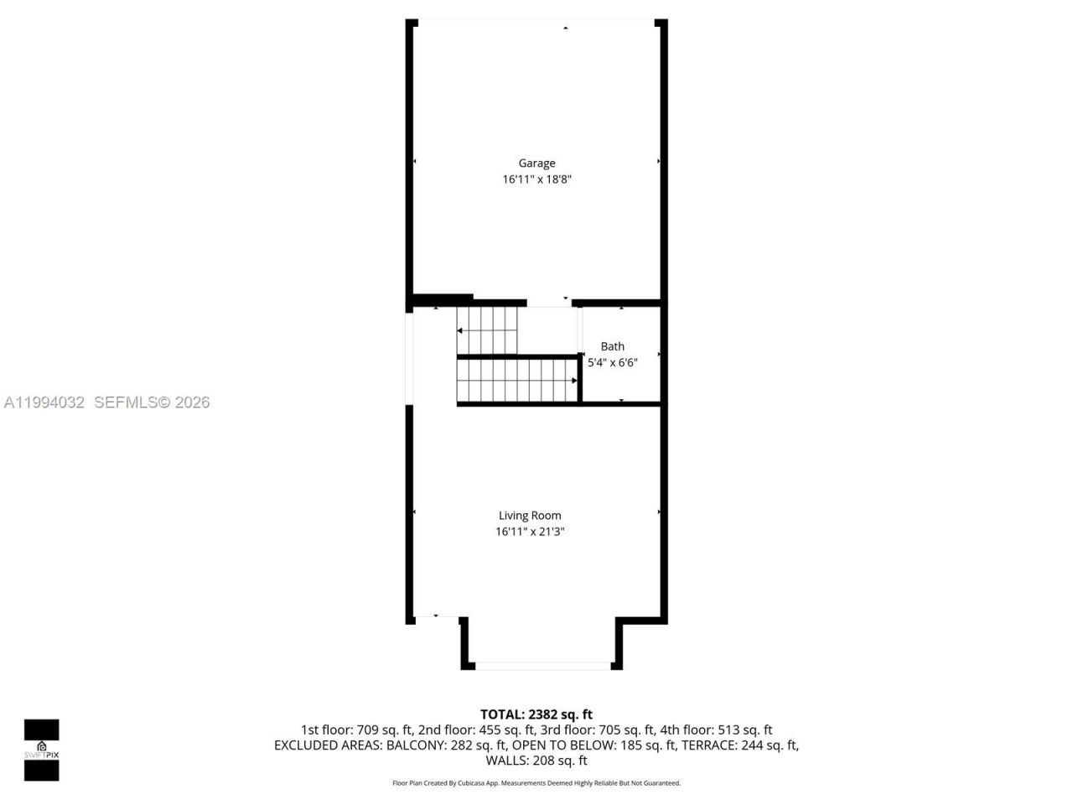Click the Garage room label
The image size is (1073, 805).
[x=536, y=164]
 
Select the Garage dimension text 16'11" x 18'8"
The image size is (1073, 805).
[x=536, y=179]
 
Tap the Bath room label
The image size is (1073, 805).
[x=612, y=346]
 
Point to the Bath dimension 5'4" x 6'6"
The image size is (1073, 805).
[x=612, y=363]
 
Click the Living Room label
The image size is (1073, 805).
[x=530, y=516]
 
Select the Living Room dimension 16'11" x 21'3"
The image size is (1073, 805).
[x=530, y=532]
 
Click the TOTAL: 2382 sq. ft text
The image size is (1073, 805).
[x=536, y=714]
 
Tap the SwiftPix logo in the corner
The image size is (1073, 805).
[x=41, y=750]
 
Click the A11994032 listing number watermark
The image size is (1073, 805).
[x=44, y=402]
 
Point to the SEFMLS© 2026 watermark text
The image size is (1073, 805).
[x=152, y=402]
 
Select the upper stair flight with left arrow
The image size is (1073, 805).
[x=487, y=330]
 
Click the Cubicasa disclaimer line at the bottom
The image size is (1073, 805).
[x=536, y=783]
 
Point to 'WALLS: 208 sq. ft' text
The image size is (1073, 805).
[x=536, y=761]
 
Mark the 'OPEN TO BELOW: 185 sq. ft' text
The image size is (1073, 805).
[x=594, y=745]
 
